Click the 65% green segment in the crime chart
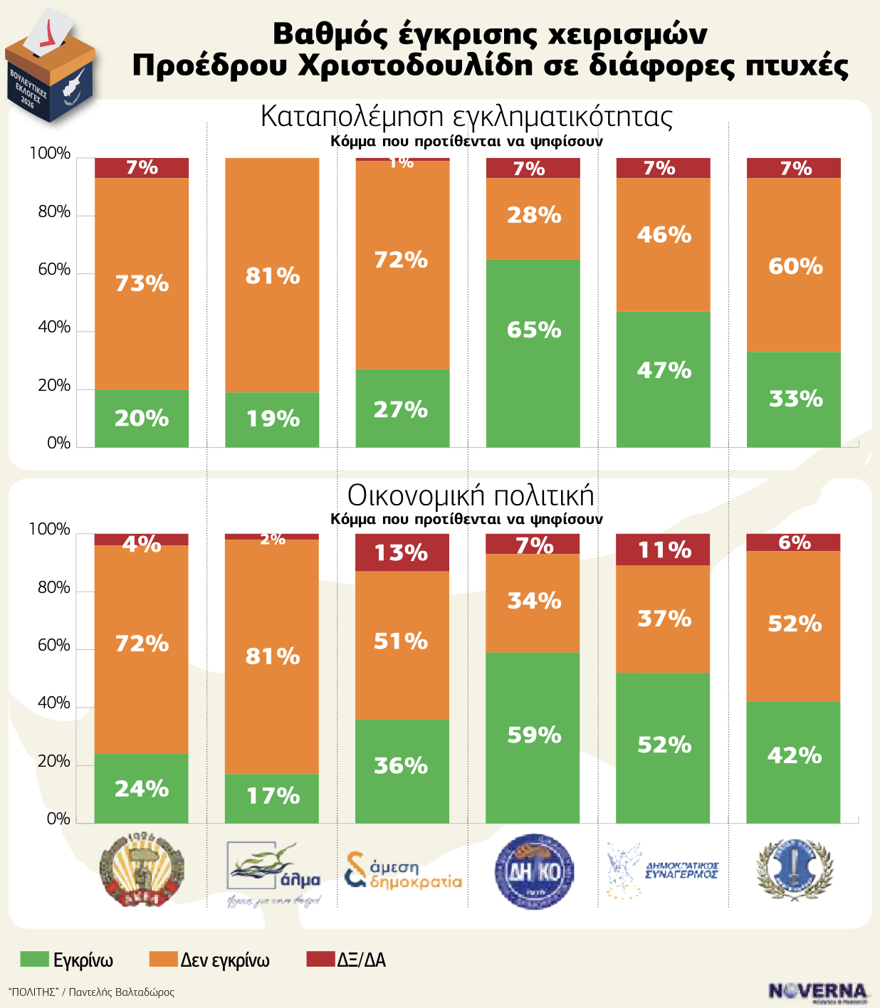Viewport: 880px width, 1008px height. (533, 353)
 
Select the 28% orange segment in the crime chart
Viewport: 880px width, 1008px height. (533, 219)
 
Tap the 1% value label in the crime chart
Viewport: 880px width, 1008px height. (402, 163)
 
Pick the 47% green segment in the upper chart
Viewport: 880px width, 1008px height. (664, 379)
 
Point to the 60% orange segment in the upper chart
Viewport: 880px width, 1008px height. (794, 265)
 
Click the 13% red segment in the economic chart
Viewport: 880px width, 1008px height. (402, 552)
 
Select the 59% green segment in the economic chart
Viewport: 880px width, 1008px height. (533, 737)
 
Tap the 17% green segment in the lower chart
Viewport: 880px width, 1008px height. (272, 798)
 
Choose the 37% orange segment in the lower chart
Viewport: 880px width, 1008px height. (664, 619)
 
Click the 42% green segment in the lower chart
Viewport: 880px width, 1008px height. (794, 762)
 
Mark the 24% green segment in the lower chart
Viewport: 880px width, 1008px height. (142, 789)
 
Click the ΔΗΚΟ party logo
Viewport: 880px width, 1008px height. (534, 871)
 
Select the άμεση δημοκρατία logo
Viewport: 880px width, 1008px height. (403, 871)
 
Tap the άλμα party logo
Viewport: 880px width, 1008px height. (274, 871)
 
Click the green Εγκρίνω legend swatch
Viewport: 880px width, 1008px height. (35, 960)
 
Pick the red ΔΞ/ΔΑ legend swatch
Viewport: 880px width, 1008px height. (320, 960)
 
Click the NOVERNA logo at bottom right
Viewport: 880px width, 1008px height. (818, 992)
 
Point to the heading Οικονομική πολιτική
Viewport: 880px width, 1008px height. (471, 495)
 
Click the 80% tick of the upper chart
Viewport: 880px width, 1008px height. (54, 212)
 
